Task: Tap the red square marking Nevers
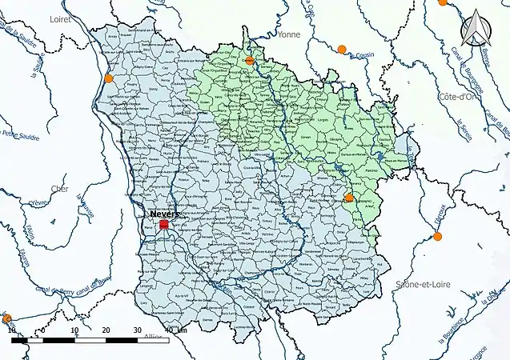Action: pyautogui.click(x=164, y=226)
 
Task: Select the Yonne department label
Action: pyautogui.click(x=289, y=35)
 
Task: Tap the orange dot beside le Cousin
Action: pyautogui.click(x=342, y=50)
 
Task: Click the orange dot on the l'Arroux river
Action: pyautogui.click(x=437, y=237)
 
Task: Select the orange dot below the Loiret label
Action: pyautogui.click(x=108, y=78)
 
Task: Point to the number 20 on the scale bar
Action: pyautogui.click(x=106, y=330)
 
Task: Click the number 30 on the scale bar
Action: pyautogui.click(x=137, y=330)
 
